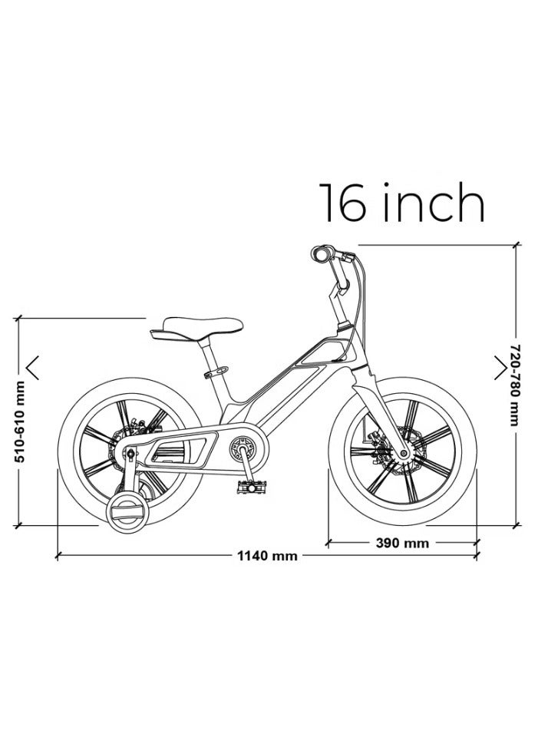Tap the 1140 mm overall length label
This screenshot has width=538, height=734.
[x=267, y=556]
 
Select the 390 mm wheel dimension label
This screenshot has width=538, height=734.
[x=402, y=543]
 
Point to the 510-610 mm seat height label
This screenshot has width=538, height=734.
[x=20, y=422]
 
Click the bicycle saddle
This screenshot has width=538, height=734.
[x=196, y=328]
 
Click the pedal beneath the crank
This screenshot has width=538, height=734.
[x=251, y=487]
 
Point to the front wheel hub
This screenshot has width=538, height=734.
[x=403, y=453]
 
